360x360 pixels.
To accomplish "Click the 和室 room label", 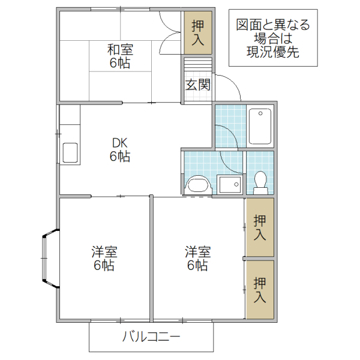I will pyautogui.click(x=120, y=49).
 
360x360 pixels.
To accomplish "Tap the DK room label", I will pyautogui.click(x=120, y=143).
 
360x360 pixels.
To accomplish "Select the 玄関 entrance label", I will pyautogui.click(x=197, y=85).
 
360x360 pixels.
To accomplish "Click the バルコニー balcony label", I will pyautogui.click(x=151, y=337).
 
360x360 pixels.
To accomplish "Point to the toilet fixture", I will pyautogui.click(x=260, y=182).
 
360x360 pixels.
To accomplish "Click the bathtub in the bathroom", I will pyautogui.click(x=260, y=126).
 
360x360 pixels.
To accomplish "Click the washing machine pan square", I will pyautogui.click(x=229, y=184).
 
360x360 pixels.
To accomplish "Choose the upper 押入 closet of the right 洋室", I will pyautogui.click(x=259, y=227).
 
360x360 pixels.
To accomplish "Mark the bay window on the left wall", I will pyautogui.click(x=47, y=259).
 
